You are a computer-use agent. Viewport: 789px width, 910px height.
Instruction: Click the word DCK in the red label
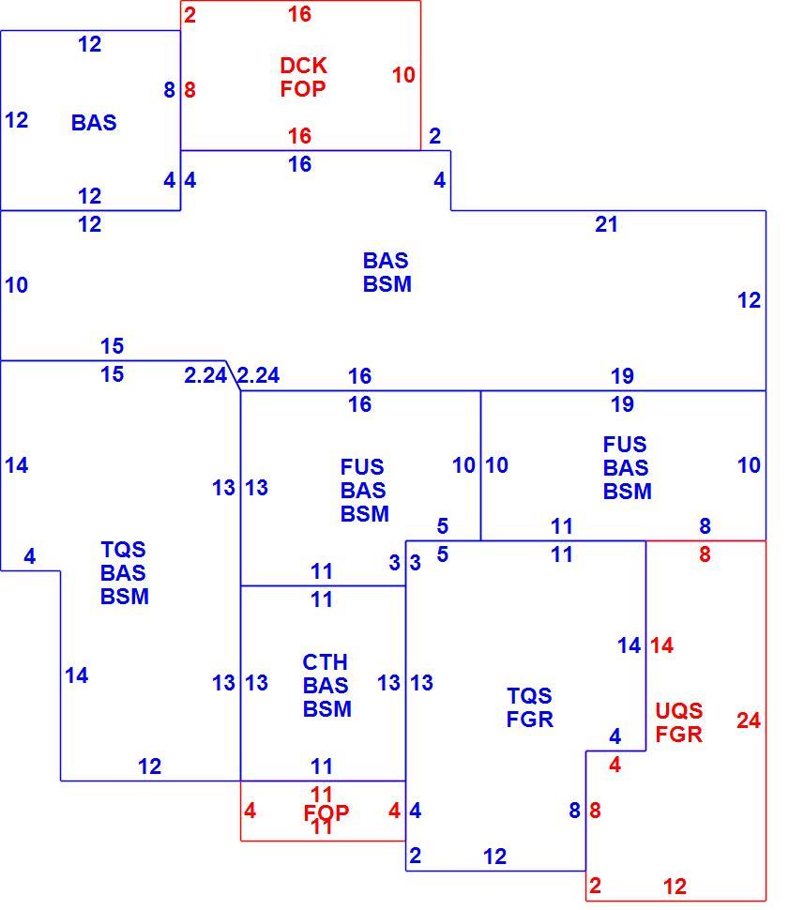tap(303, 66)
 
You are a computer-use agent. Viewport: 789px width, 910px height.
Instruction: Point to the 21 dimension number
tap(606, 224)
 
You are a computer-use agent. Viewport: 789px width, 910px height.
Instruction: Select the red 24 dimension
tap(749, 720)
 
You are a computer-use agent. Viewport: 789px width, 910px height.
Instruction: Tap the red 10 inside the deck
tap(403, 75)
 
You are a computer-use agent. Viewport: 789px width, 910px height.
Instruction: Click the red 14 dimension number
tap(661, 645)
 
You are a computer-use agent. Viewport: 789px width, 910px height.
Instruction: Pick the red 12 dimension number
tap(675, 887)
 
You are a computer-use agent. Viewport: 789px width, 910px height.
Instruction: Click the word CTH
tap(326, 662)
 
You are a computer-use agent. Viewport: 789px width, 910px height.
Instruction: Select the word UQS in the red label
tap(678, 711)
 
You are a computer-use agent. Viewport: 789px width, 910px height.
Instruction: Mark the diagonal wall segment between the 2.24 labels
tap(233, 375)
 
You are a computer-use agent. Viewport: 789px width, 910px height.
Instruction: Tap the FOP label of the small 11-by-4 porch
tap(326, 813)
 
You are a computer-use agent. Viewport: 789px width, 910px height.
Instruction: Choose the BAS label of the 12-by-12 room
tap(94, 123)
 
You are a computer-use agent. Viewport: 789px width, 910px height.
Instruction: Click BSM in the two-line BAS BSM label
tap(387, 284)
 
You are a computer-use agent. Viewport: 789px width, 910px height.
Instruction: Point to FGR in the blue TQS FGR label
tap(529, 720)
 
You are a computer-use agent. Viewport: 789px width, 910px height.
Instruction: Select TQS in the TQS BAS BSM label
tap(123, 550)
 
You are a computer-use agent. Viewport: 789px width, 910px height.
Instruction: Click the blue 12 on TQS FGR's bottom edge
tap(494, 857)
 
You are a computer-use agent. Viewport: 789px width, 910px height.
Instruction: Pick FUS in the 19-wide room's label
tap(625, 445)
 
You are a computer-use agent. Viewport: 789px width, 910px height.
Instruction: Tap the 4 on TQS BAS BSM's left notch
tap(30, 557)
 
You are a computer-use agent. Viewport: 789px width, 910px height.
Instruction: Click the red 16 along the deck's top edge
tap(299, 14)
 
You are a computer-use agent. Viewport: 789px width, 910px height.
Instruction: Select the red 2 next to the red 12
tap(595, 887)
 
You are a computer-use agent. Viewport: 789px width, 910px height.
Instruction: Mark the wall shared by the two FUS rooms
tap(480, 465)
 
